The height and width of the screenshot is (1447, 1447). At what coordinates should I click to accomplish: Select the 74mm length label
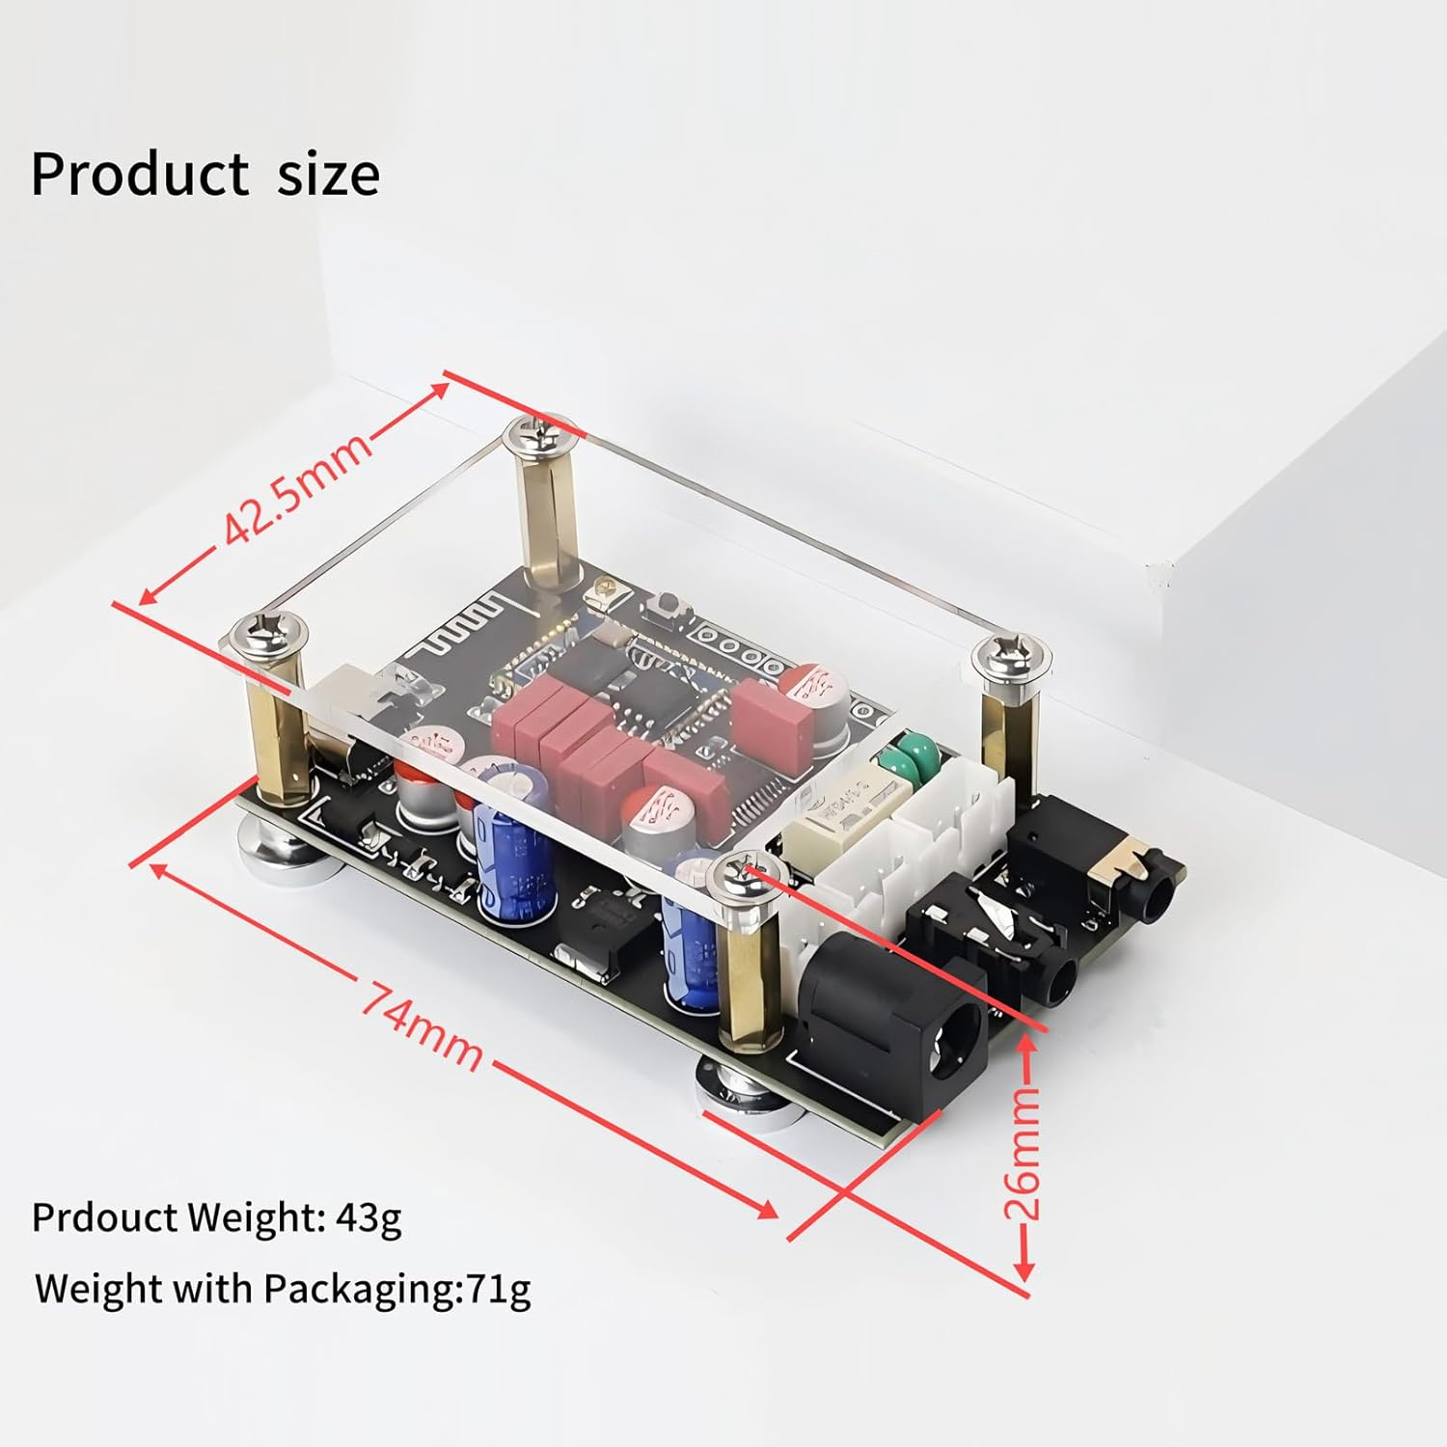click(422, 1024)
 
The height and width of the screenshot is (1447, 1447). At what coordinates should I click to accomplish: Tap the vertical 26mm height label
click(1024, 1152)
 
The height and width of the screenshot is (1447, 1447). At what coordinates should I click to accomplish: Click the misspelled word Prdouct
click(104, 1217)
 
